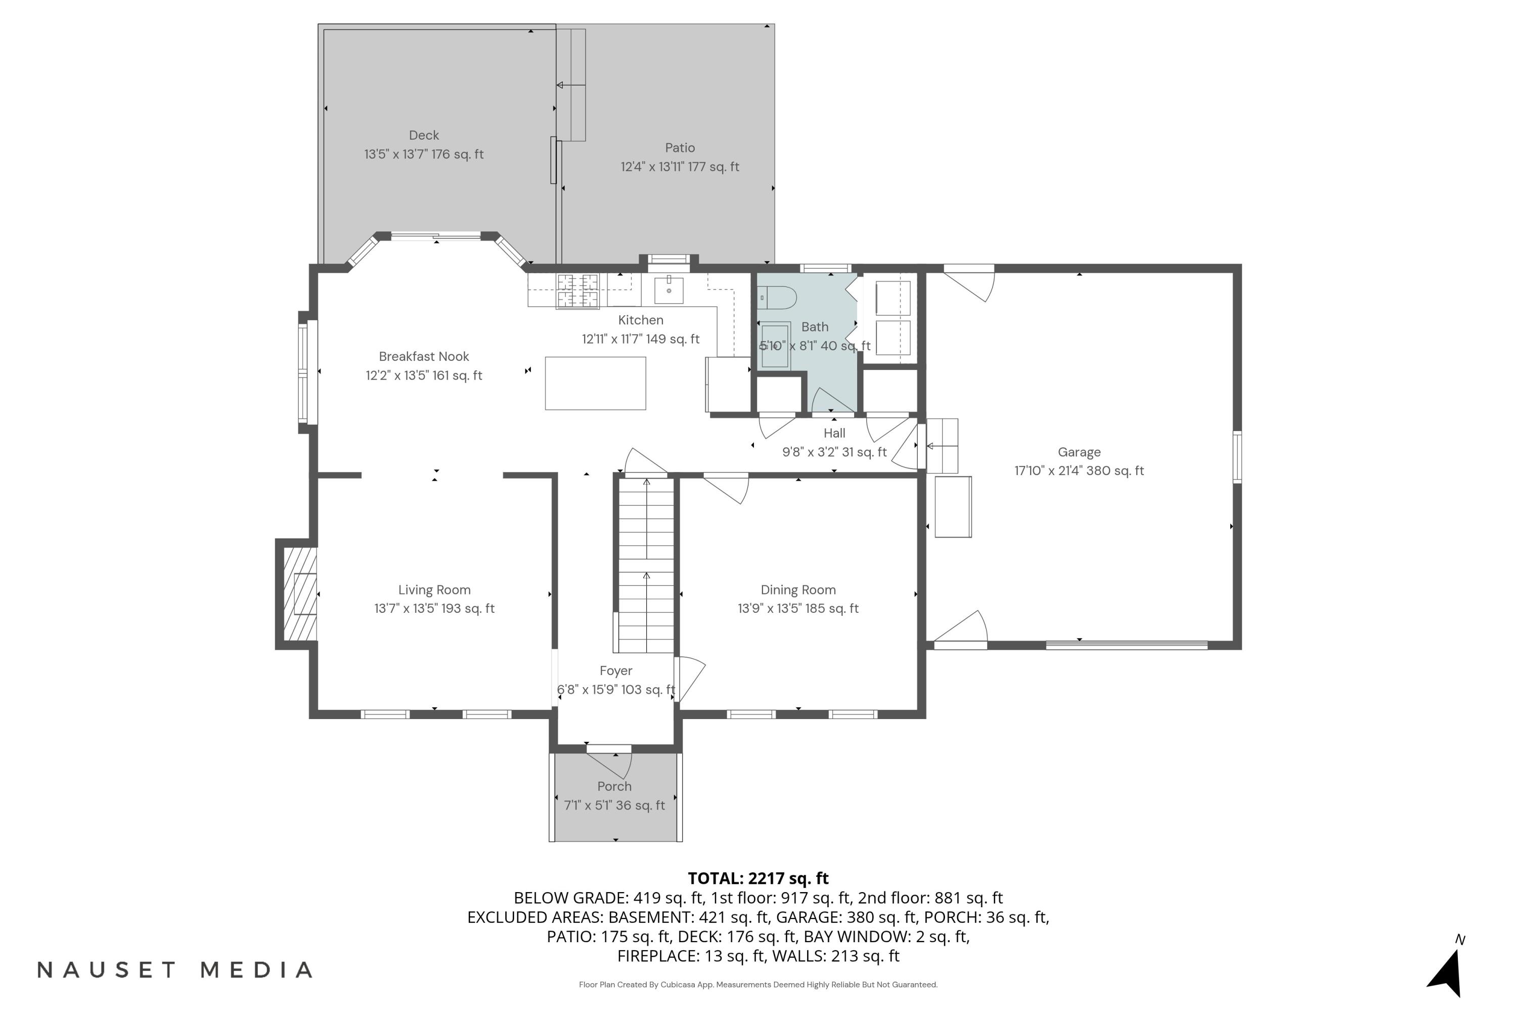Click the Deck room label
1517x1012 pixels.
424,136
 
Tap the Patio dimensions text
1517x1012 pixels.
679,167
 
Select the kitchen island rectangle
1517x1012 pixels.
595,384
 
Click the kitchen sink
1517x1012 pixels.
669,290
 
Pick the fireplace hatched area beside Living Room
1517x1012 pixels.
300,594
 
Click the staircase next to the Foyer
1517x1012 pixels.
646,565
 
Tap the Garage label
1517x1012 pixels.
1079,452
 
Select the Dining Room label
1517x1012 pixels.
798,590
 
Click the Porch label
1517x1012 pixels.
614,787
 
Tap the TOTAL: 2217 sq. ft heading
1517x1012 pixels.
758,878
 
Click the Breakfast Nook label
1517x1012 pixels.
424,357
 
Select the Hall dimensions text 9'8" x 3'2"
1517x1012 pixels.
834,452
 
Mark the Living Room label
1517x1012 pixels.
434,590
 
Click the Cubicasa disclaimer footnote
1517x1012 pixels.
758,985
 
